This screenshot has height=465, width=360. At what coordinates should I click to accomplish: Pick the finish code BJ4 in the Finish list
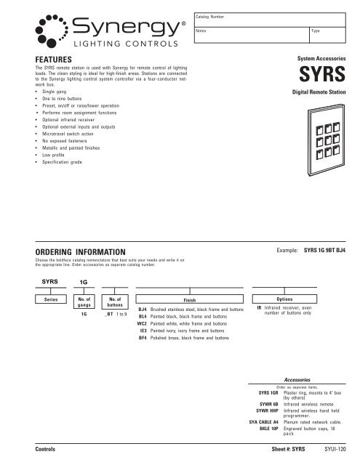pos(143,310)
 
